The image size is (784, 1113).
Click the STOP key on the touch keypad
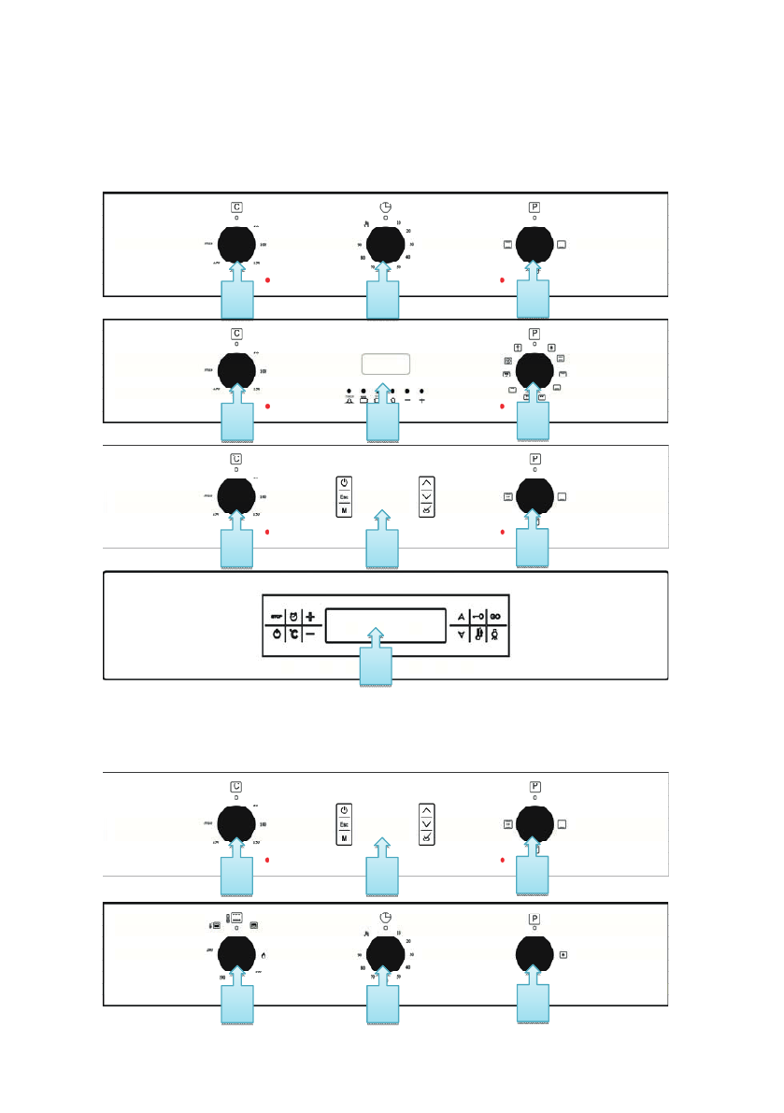[x=277, y=617]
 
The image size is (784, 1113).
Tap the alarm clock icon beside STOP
[x=293, y=617]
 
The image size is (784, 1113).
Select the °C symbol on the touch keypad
[x=293, y=635]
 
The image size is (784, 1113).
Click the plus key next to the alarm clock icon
[x=310, y=617]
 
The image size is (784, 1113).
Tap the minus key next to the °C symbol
[x=310, y=635]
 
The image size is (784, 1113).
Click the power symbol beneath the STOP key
[x=277, y=635]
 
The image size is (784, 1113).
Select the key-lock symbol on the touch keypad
[x=477, y=617]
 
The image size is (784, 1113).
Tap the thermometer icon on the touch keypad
[x=477, y=635]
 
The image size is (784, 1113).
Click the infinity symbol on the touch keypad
[x=495, y=617]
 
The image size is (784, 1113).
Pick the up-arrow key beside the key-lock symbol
[x=459, y=617]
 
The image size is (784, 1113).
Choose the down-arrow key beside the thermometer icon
[x=459, y=635]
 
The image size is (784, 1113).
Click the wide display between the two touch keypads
[x=384, y=626]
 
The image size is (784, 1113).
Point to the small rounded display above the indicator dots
[x=385, y=364]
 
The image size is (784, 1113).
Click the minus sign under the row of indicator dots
[x=407, y=400]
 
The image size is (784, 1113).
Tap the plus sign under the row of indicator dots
[x=422, y=400]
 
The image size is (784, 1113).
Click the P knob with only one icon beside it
[x=535, y=955]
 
